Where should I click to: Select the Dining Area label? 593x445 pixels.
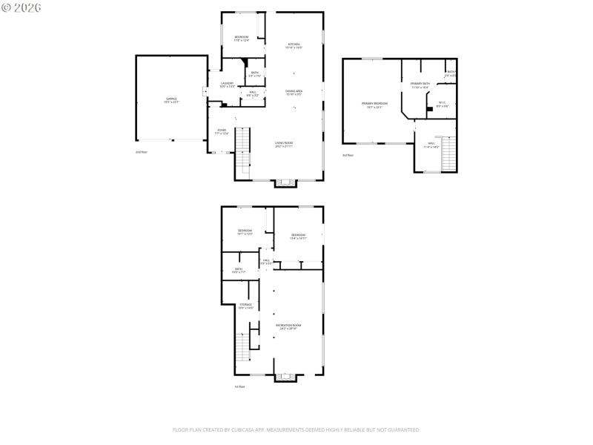pos(294,92)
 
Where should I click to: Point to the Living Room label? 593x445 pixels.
pos(284,145)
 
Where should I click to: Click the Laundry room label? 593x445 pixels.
pos(227,85)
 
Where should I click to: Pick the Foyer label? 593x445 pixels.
pos(222,131)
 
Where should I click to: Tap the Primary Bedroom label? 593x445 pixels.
pos(374,105)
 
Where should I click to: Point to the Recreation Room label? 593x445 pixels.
pos(287,326)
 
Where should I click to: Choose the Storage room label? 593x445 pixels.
pos(245,306)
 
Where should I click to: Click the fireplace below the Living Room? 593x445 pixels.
pos(285,182)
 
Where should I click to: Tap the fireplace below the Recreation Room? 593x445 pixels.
pos(285,377)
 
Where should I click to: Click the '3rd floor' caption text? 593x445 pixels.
pos(348,155)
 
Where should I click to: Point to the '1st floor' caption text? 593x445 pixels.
pos(239,386)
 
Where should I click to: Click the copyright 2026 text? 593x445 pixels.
pos(21,7)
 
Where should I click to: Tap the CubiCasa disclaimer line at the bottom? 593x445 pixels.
pos(296,429)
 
